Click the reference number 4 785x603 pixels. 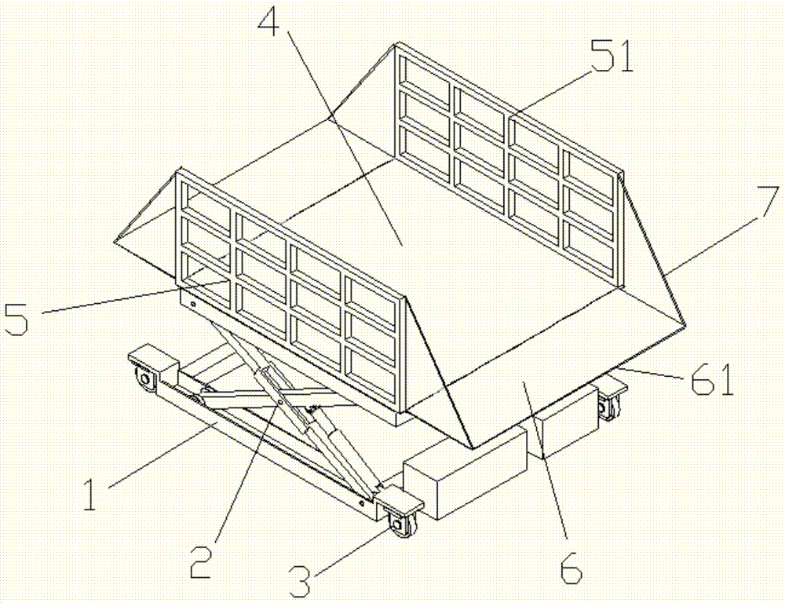272,19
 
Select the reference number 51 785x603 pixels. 611,57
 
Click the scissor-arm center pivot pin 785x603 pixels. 280,401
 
